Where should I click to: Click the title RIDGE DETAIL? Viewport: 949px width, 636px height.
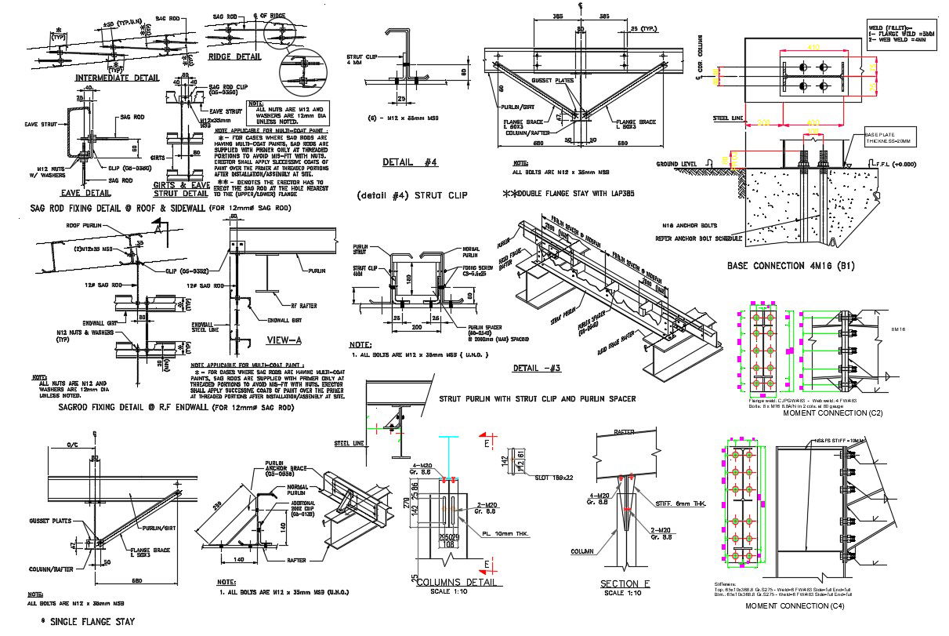point(234,56)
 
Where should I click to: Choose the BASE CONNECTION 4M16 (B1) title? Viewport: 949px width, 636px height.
point(790,265)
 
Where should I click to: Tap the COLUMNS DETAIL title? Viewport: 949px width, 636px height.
point(456,582)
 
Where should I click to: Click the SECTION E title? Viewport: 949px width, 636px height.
point(625,583)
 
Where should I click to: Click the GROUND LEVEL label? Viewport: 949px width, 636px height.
point(677,164)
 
